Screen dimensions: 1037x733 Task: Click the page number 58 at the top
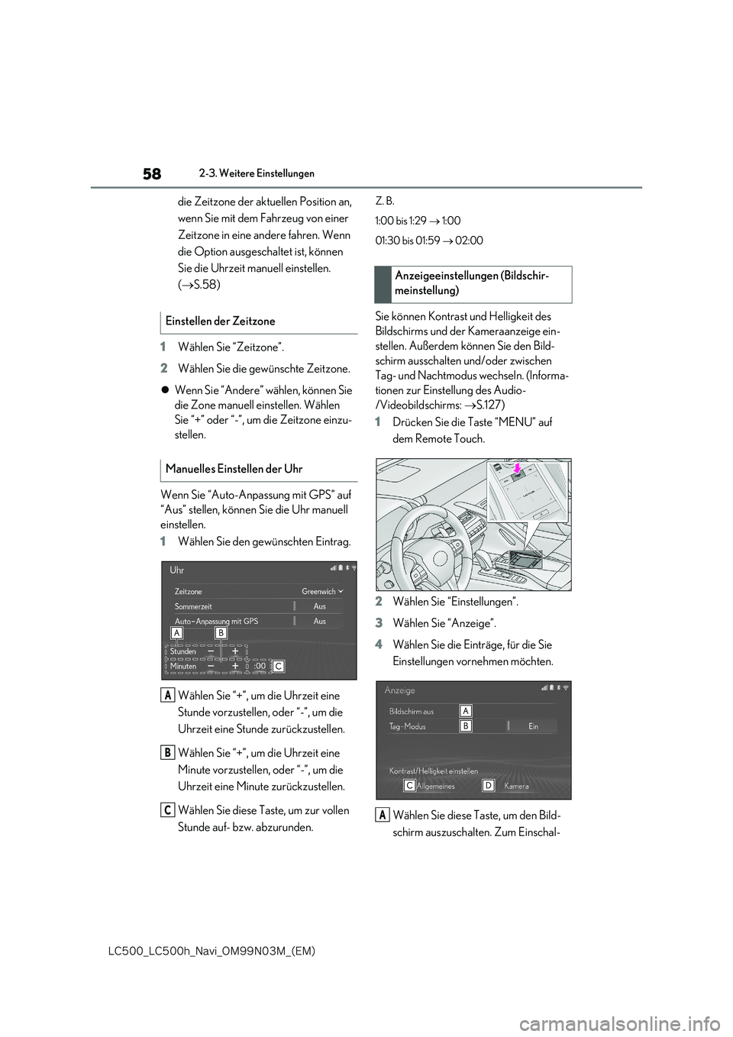[152, 174]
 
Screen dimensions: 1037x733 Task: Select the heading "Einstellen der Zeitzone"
[220, 321]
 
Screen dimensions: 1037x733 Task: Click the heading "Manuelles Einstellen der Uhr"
[234, 469]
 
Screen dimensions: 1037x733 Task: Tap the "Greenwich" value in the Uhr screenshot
[318, 592]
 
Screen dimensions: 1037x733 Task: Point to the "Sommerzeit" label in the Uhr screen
[193, 606]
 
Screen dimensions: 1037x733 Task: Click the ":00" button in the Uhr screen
[260, 666]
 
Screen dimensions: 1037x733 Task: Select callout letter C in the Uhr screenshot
[279, 666]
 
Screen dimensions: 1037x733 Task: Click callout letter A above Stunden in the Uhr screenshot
[176, 633]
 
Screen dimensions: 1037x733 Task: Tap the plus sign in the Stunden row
[235, 651]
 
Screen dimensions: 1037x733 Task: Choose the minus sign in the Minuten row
[211, 666]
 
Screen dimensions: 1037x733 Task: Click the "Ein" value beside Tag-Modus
[533, 726]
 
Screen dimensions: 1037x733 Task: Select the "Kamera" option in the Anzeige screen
[516, 786]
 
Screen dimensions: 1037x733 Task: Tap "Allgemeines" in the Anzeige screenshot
[435, 786]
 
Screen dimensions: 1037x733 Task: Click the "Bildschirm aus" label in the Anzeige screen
[411, 711]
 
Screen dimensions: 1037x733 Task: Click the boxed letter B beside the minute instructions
[166, 753]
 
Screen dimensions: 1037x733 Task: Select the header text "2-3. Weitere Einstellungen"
[257, 174]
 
